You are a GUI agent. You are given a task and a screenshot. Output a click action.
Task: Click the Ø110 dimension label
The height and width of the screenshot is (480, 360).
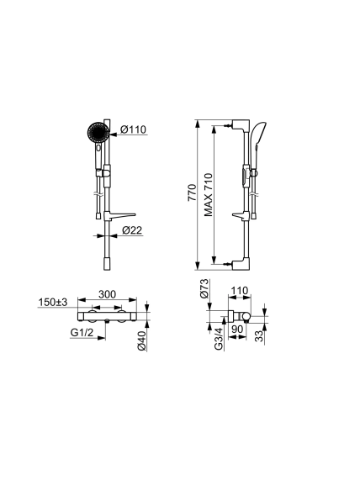pos(133,129)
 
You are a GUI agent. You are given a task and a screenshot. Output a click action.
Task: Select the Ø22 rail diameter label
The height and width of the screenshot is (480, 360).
pos(132,229)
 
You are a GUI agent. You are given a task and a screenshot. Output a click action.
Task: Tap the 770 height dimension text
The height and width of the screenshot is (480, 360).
pos(192,193)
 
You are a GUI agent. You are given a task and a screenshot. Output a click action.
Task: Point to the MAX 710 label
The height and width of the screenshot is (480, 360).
pos(209,195)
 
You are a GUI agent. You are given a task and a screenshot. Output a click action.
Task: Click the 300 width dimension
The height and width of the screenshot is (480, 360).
pos(107,294)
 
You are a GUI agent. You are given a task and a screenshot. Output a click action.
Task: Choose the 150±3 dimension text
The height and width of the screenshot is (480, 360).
pos(53,302)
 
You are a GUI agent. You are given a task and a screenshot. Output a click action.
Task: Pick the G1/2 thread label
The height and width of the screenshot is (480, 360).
pos(82,332)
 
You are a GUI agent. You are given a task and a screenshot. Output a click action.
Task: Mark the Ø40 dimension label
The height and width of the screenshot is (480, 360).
pos(141,340)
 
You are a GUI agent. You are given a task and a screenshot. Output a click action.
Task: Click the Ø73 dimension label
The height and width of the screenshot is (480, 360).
pos(204,288)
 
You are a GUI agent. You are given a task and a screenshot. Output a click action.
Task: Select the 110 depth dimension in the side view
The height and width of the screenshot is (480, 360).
pos(239,290)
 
